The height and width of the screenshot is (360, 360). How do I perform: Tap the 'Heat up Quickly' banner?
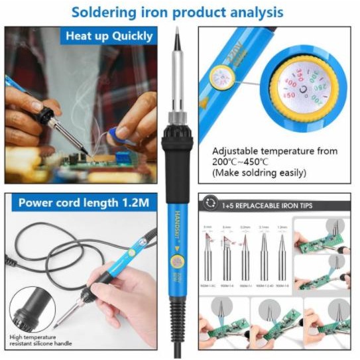[x=109, y=36]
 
